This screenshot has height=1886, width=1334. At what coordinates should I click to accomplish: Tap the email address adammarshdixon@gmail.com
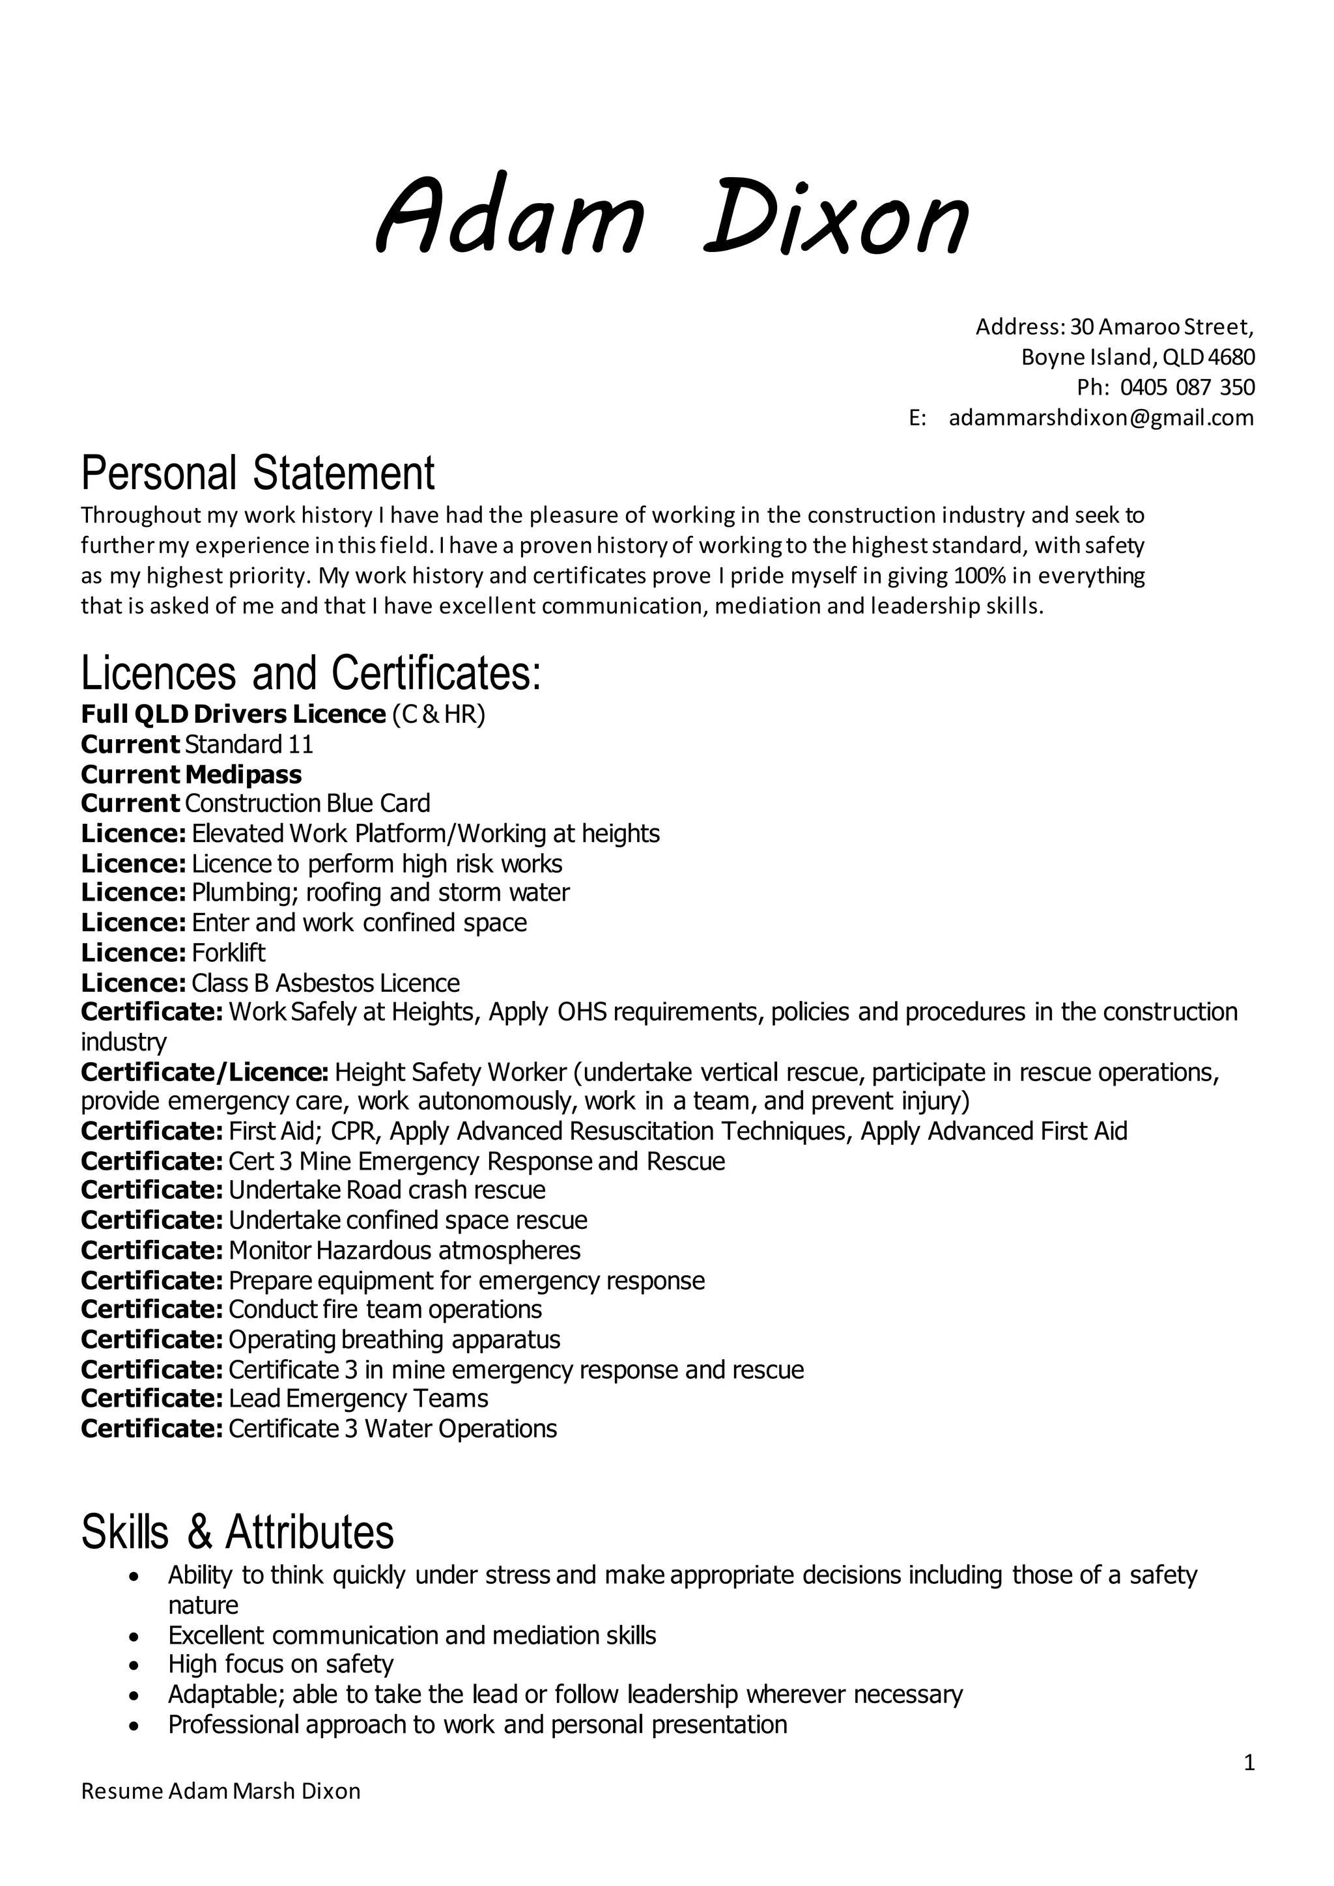pyautogui.click(x=1101, y=417)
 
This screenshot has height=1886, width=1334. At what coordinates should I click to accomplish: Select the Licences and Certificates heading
pyautogui.click(x=311, y=673)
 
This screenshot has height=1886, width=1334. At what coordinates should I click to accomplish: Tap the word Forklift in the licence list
pyautogui.click(x=229, y=953)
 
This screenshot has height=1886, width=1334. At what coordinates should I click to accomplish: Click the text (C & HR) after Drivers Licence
pyautogui.click(x=438, y=714)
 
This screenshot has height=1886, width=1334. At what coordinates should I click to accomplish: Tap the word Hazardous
pyautogui.click(x=374, y=1250)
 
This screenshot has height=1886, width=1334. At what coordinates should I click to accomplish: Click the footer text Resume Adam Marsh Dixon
pyautogui.click(x=221, y=1791)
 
